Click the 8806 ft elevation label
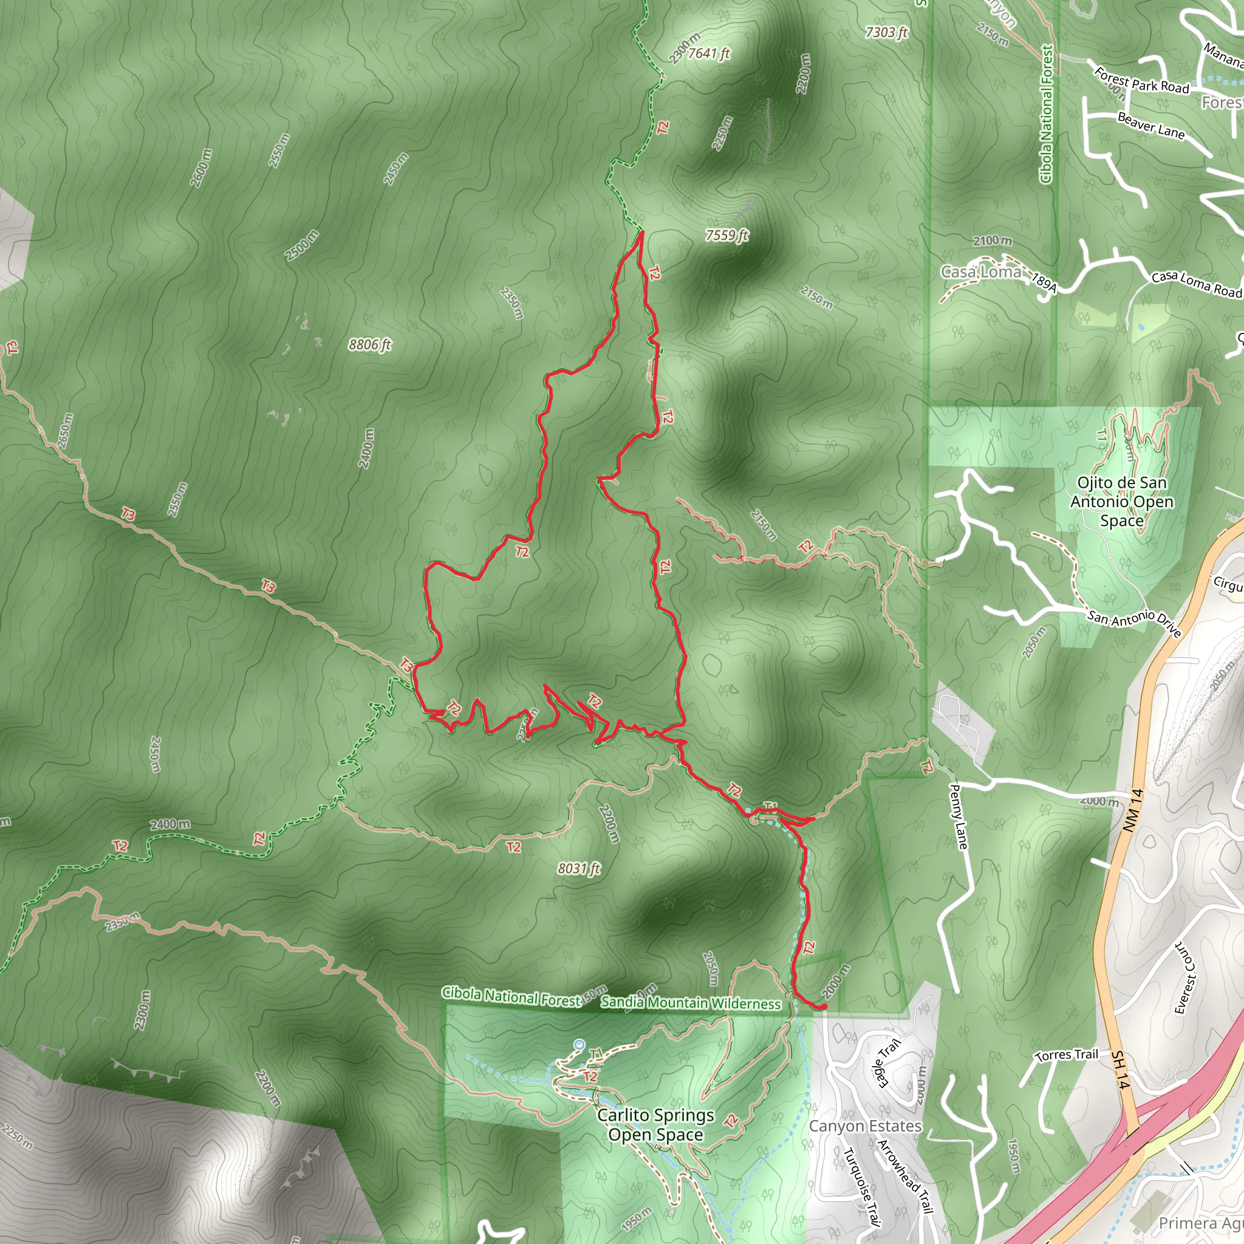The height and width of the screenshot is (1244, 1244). coord(369,344)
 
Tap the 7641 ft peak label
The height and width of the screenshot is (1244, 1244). coord(708,53)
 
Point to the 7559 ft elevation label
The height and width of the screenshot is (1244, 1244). coord(726,235)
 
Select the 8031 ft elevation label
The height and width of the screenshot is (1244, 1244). coord(579,869)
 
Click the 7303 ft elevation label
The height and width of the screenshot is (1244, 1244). coord(886,32)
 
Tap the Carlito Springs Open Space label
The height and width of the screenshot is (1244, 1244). coord(655,1124)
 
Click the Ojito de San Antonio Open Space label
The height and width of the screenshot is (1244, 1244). coord(1122,501)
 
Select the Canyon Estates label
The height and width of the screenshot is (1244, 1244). coord(865,1126)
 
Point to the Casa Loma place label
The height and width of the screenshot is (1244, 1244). coord(980,272)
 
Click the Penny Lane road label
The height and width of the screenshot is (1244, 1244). coord(959,816)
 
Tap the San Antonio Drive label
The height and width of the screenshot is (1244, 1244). coord(1134,622)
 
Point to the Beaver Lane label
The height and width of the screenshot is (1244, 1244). coord(1150,126)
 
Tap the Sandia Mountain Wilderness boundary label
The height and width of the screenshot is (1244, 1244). coord(690,1002)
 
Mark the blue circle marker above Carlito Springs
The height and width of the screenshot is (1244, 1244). coord(579,1044)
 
